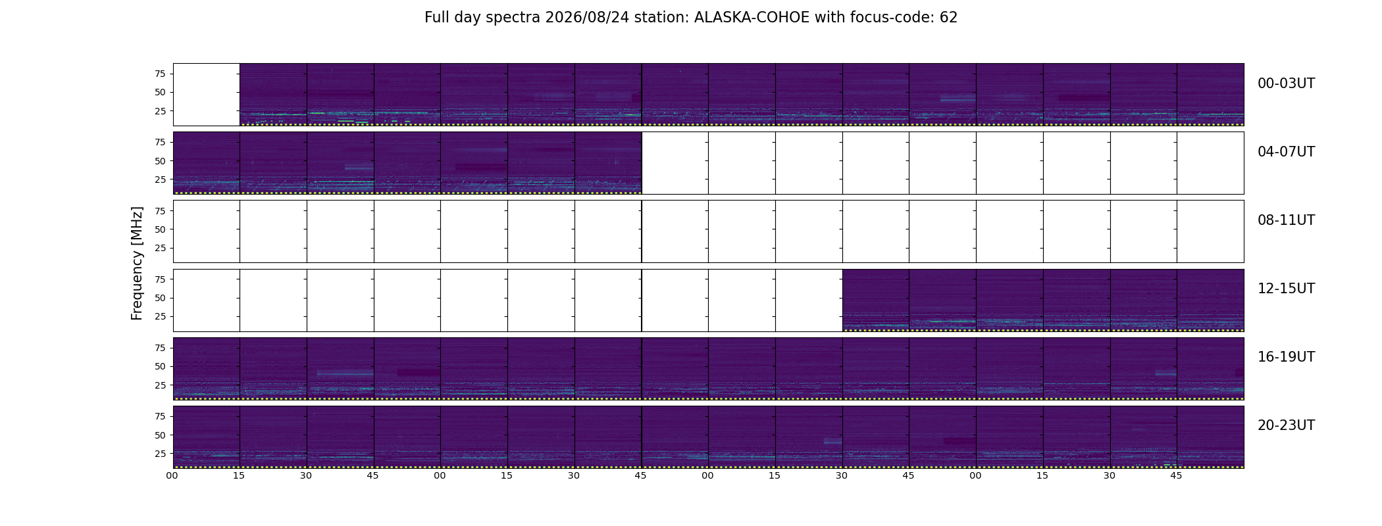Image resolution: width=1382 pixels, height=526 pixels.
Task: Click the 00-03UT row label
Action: (1286, 84)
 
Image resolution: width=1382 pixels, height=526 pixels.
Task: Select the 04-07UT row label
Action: (1286, 152)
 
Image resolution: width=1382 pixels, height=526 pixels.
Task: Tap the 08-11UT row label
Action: (1286, 220)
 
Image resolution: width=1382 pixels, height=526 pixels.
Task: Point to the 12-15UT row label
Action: (1286, 289)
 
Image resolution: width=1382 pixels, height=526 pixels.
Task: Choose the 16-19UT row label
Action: (1286, 357)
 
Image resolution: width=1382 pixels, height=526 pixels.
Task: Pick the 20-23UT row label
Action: (1286, 425)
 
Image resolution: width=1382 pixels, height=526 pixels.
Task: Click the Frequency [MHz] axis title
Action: (137, 263)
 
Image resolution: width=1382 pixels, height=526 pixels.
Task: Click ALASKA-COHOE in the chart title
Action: (752, 18)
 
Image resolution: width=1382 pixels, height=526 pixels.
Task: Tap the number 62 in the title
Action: (948, 18)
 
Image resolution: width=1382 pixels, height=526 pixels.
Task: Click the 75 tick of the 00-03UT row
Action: (160, 74)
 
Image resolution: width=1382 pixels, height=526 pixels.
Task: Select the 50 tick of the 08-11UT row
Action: (160, 229)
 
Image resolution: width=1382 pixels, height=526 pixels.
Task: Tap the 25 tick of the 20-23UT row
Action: (160, 454)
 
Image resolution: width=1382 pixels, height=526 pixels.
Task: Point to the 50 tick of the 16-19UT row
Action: (160, 366)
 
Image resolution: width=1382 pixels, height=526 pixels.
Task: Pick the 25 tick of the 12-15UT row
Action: (160, 316)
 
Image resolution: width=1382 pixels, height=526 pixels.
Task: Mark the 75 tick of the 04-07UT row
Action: (160, 142)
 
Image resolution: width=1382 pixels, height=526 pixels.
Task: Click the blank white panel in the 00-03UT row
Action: (207, 94)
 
